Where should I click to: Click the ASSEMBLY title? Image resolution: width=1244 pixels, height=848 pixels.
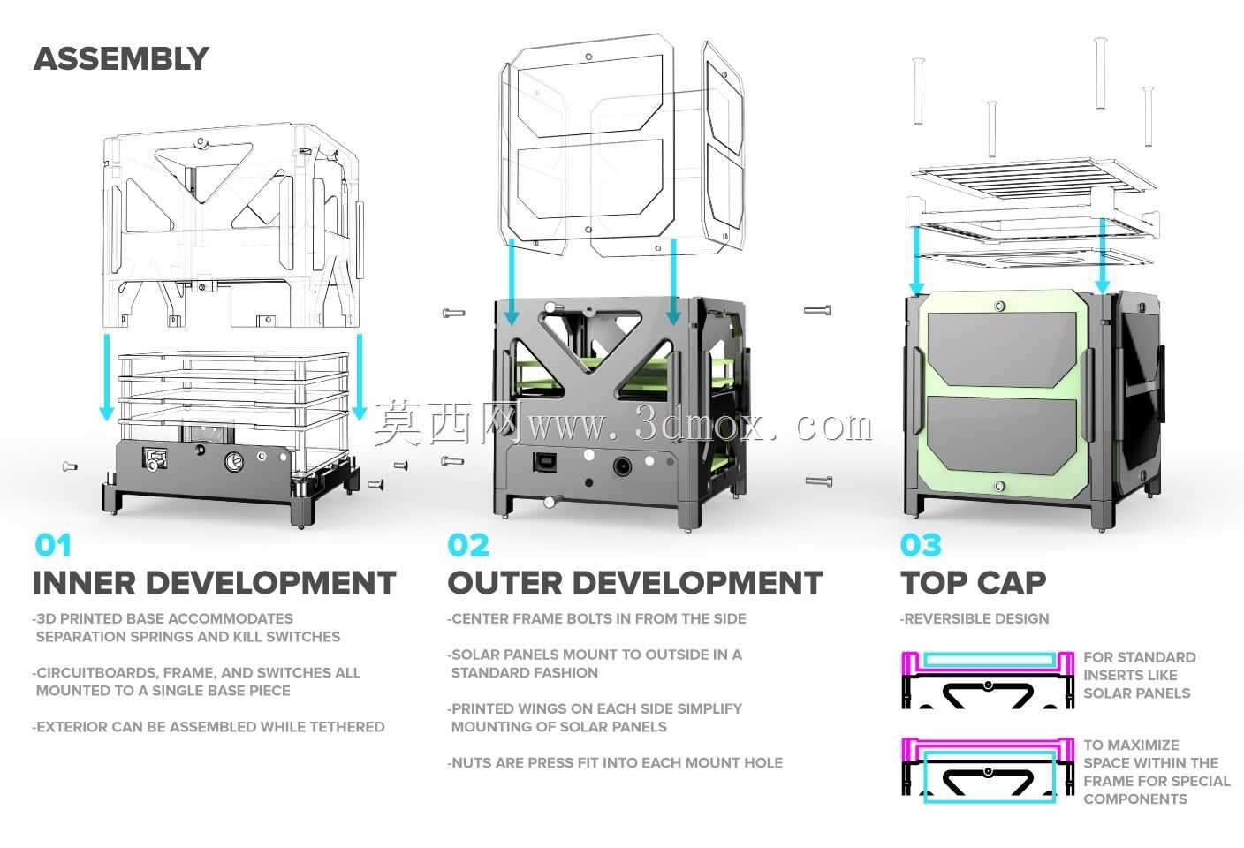121,59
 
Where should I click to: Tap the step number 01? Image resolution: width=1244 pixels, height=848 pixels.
53,545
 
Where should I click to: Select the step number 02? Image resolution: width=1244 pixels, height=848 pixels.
468,545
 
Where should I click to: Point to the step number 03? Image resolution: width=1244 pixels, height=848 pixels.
921,545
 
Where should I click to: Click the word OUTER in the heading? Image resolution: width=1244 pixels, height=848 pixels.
504,583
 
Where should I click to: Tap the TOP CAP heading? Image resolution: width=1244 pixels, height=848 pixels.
973,583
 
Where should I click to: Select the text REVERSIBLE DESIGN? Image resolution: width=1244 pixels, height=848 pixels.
975,618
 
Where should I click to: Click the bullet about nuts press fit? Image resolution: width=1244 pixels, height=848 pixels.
615,763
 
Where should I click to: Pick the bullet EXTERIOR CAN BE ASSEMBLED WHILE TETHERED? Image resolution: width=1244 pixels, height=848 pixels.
209,727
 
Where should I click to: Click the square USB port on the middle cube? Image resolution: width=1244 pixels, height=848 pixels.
541,462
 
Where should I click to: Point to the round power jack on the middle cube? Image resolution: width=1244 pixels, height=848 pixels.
623,466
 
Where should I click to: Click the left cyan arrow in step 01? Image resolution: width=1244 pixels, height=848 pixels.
106,377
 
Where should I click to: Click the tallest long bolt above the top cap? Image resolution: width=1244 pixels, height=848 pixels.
1100,72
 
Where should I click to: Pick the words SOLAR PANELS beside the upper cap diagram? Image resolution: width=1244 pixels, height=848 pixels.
1137,693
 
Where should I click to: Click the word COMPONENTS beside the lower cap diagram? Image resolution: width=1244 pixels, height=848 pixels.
1135,799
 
